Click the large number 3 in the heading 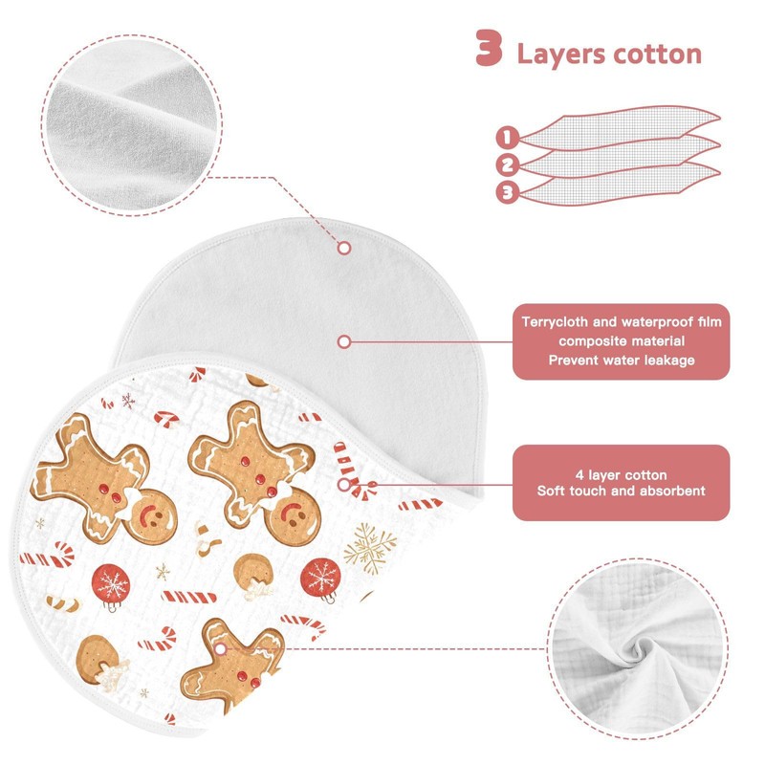tap(489, 49)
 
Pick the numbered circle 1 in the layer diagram tap(507, 138)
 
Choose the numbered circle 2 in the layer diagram tap(507, 164)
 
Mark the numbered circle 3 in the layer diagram tap(507, 192)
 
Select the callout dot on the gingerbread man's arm tap(222, 650)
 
